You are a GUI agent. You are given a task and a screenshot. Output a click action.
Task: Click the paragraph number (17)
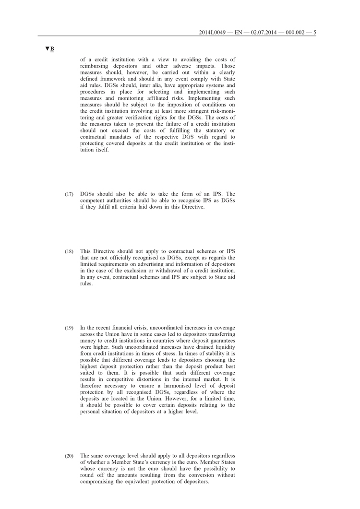pos(69,194)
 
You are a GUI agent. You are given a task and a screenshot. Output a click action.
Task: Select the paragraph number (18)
pos(69,252)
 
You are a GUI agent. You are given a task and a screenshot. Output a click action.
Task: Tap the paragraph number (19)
pos(69,327)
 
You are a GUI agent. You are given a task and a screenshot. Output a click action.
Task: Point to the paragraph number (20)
pos(69,455)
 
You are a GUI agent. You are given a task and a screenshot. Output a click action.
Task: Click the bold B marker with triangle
pos(49,49)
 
